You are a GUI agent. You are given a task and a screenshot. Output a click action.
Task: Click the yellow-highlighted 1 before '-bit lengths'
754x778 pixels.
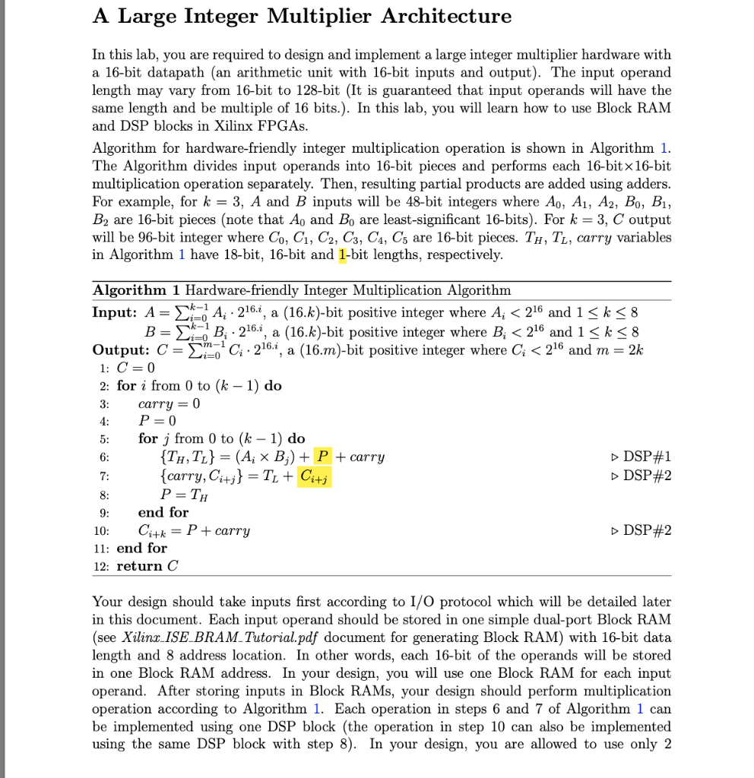coord(343,255)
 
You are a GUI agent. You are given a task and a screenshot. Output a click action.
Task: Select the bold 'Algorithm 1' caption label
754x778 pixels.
coord(136,290)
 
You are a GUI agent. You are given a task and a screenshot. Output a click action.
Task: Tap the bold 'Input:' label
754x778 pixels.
coord(115,312)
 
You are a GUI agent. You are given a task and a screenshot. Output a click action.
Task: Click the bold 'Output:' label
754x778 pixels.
coord(120,349)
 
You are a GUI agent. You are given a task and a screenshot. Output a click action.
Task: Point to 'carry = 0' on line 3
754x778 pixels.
coord(169,403)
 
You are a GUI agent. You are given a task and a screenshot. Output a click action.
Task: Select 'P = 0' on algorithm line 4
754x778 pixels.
coord(157,421)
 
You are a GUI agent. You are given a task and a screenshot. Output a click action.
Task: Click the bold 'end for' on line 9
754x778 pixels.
coord(163,512)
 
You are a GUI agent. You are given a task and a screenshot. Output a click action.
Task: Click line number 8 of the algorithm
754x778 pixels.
coord(105,495)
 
